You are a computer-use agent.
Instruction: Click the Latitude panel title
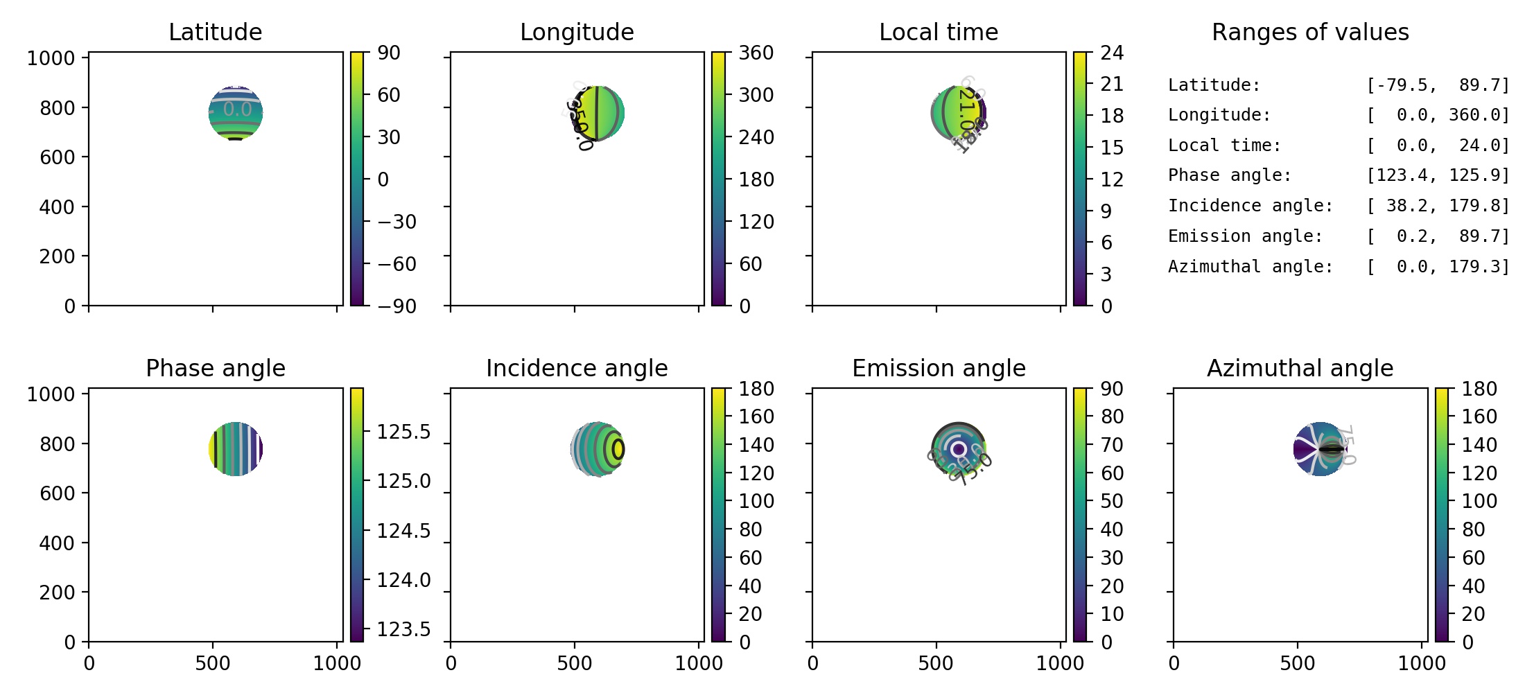click(215, 32)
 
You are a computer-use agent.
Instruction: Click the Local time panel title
click(939, 32)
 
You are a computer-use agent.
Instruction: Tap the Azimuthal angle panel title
click(1300, 368)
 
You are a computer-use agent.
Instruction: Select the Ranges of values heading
click(1310, 32)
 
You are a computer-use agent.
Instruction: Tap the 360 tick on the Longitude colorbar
click(756, 53)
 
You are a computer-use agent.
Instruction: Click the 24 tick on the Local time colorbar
click(1112, 53)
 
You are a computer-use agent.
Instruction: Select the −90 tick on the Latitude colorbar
click(397, 306)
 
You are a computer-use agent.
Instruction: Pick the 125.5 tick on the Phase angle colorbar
click(403, 432)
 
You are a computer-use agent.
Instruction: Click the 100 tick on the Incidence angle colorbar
click(756, 501)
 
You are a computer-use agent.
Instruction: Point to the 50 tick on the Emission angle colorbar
click(1112, 501)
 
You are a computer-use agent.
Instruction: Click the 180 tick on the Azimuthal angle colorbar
click(1479, 389)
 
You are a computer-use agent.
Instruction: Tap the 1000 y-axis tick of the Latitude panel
click(51, 58)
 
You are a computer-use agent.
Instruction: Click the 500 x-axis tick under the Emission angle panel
click(936, 663)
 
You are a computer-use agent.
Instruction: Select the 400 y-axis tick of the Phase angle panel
click(57, 543)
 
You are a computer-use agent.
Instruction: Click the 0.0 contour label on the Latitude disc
click(237, 109)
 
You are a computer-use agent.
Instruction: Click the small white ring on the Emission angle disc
click(959, 449)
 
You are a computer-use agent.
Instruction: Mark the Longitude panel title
click(577, 32)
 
